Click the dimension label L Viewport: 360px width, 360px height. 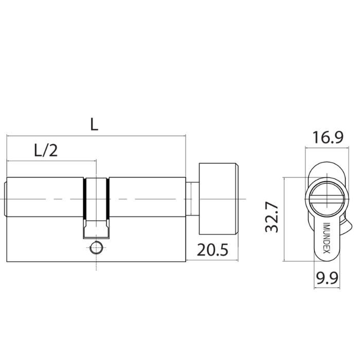click(94, 124)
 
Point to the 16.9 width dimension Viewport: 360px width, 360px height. click(325, 138)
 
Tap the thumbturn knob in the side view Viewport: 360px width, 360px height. click(218, 199)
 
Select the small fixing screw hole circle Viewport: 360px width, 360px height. click(95, 248)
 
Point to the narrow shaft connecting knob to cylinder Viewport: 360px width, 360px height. click(192, 199)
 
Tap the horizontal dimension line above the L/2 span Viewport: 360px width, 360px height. click(51, 161)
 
